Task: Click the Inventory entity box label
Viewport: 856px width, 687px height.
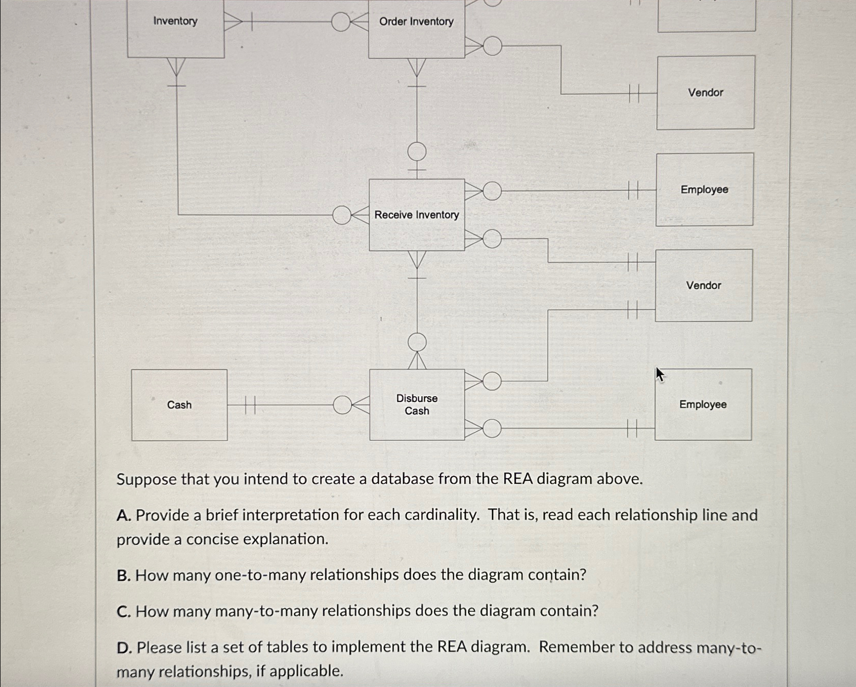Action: click(x=175, y=21)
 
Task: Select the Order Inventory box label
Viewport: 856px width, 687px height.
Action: click(x=416, y=22)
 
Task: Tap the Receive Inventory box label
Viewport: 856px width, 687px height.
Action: click(x=416, y=215)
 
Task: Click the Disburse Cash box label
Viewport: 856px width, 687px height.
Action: click(x=416, y=404)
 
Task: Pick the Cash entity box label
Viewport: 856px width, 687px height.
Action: click(x=179, y=405)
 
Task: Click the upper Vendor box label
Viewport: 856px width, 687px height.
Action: click(x=705, y=93)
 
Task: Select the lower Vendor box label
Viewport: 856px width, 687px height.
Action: click(x=703, y=286)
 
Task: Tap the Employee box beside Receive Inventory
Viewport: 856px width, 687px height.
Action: click(x=704, y=189)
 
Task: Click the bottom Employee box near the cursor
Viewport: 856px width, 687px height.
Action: click(x=703, y=404)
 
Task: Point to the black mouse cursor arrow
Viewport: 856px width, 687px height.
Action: click(x=660, y=374)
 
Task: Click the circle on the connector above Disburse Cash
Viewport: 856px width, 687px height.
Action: click(x=417, y=342)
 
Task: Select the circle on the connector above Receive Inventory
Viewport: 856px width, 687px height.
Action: click(x=417, y=152)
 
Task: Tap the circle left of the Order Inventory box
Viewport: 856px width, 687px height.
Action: click(x=341, y=22)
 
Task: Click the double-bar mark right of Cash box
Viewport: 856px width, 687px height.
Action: click(x=249, y=405)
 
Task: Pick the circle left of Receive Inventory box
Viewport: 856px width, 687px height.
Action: click(x=342, y=215)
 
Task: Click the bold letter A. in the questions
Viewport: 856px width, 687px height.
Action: click(x=123, y=516)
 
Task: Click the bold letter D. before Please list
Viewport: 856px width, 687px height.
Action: click(x=124, y=648)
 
